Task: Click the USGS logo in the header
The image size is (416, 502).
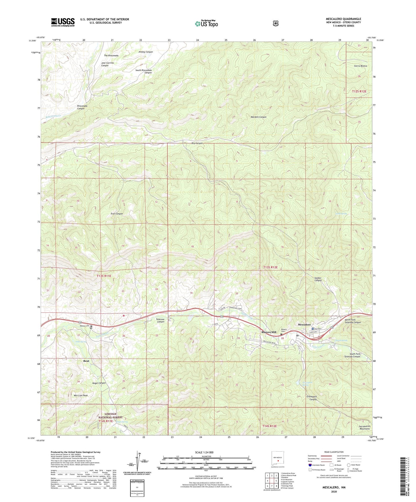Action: (63, 22)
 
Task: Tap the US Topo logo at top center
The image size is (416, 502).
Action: (206, 24)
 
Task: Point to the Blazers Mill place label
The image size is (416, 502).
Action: (269, 332)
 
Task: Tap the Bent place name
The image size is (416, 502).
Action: (86, 361)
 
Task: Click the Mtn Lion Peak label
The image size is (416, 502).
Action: (81, 395)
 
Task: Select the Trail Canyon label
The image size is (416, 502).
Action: (117, 214)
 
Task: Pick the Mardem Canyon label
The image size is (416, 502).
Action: (259, 117)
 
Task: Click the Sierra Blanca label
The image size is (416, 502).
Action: (360, 66)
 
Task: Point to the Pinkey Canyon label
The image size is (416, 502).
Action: (146, 52)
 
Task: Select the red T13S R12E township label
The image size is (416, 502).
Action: (270, 267)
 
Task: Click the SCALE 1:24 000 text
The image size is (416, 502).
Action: (204, 452)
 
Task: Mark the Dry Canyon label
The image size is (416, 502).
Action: (197, 143)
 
